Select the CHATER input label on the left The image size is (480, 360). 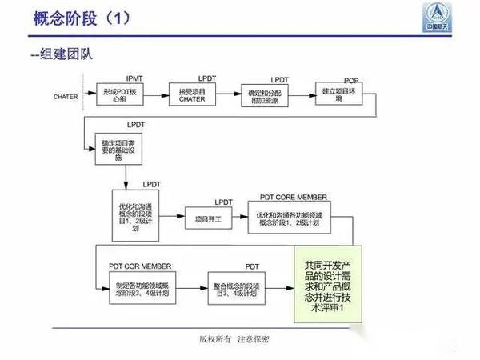pyautogui.click(x=66, y=98)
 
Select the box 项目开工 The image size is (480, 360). pyautogui.click(x=208, y=217)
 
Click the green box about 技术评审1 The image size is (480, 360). pyautogui.click(x=329, y=285)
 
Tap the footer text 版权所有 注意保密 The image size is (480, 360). pyautogui.click(x=234, y=339)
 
